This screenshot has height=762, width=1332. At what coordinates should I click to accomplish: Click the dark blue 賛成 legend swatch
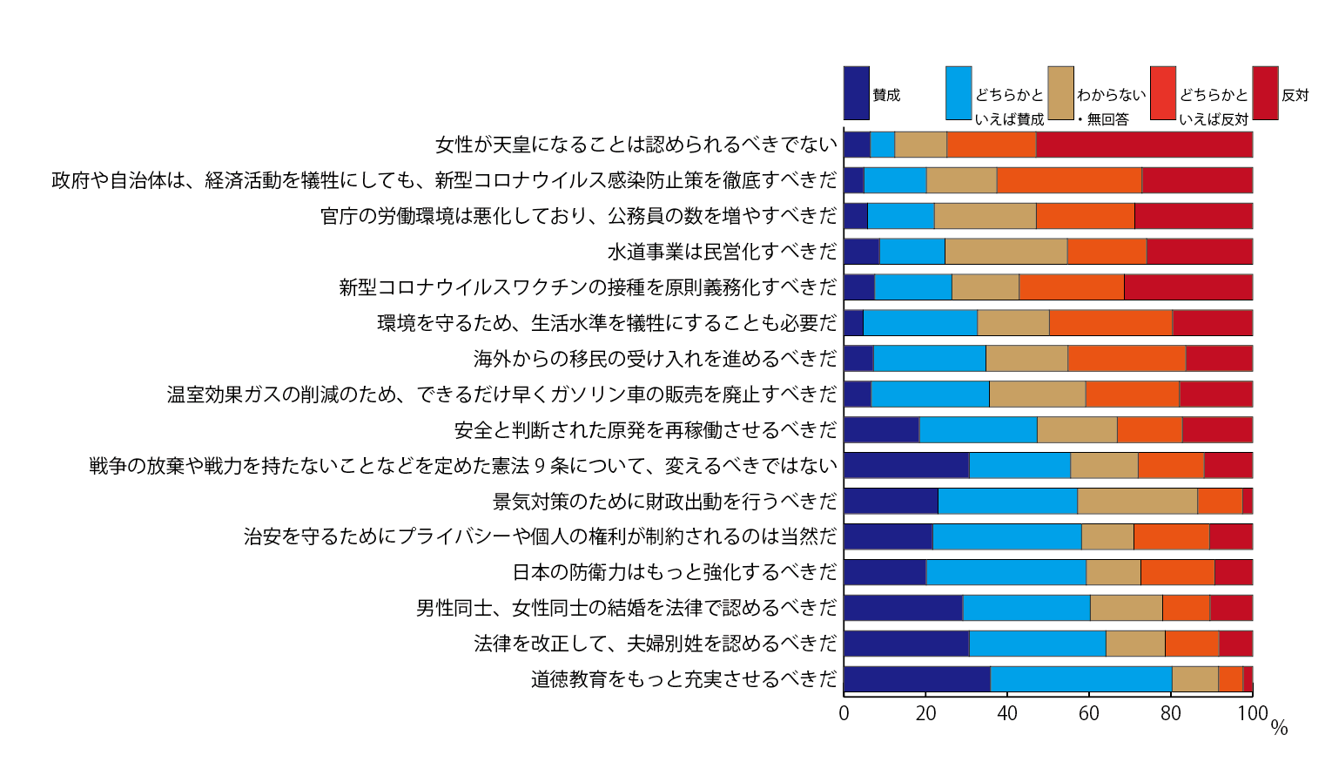coord(857,93)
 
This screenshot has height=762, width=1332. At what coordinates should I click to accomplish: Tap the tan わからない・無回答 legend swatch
coord(1061,93)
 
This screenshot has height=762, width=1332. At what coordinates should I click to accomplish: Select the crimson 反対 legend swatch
coord(1266,93)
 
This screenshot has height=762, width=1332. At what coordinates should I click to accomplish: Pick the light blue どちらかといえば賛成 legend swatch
coord(959,93)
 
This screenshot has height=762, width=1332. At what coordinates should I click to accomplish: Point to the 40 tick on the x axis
coord(1007,713)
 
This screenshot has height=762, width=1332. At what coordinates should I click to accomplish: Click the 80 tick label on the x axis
coord(1171,713)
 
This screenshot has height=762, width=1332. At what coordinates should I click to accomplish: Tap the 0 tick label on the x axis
coord(844,713)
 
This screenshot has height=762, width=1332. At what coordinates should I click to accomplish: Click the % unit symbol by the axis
coord(1279,727)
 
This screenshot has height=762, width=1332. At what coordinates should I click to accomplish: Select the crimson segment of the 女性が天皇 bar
coord(1145,145)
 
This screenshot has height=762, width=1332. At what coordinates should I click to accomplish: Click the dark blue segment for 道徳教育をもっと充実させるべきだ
coord(917,679)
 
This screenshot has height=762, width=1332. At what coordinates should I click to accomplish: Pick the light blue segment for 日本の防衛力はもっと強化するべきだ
coord(1006,572)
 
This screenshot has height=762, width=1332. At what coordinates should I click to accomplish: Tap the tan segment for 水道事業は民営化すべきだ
coord(1006,252)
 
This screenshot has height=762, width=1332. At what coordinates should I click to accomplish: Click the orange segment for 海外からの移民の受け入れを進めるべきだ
coord(1127,359)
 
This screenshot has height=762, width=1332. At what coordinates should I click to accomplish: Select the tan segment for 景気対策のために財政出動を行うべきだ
coord(1138,501)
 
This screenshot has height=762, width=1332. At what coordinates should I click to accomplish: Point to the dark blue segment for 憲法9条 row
coord(906,465)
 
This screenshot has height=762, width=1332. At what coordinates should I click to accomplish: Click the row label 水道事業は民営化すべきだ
coord(722,252)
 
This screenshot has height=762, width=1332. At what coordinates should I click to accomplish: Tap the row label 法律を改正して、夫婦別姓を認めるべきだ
coord(656,644)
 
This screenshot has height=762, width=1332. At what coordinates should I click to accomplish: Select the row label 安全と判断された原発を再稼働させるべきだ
coord(645,430)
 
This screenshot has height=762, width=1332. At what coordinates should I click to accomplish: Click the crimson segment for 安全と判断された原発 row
coord(1218,430)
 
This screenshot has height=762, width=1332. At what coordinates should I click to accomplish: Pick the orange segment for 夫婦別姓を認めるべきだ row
coord(1192,644)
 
